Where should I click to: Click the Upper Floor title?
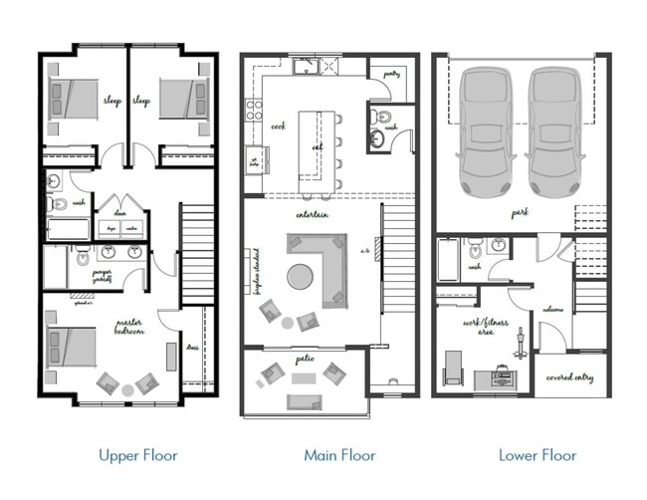pos(137,455)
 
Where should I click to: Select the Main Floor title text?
pos(339,455)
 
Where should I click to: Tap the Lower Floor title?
pos(538,455)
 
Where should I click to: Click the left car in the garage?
pos(485,129)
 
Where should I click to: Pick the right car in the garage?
pos(553,129)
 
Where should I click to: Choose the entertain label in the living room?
pos(313,214)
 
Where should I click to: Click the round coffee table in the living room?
pos(300,276)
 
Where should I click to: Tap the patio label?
pos(304,357)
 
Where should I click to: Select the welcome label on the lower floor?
pos(553,310)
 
